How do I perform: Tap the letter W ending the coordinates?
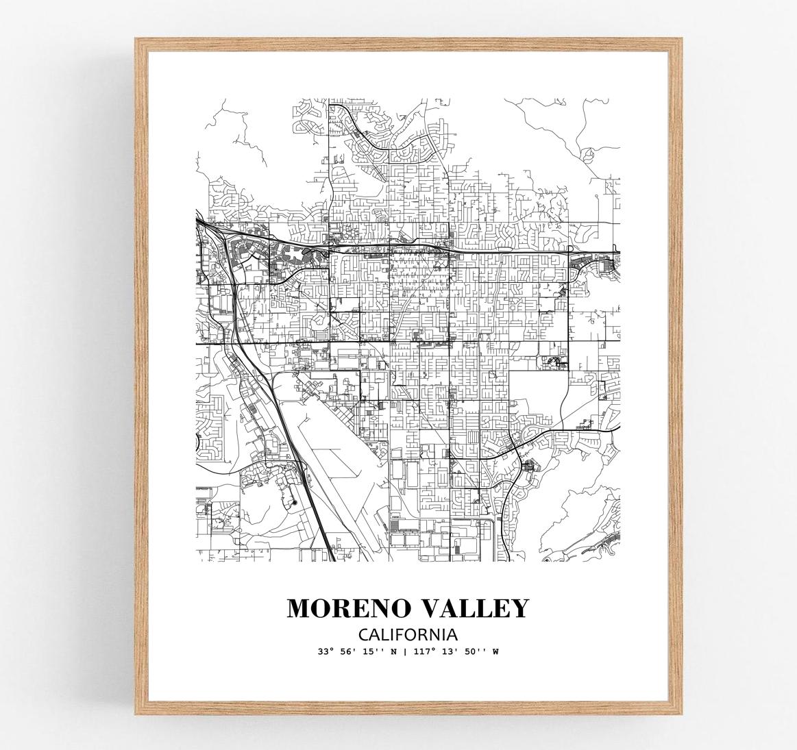point(495,651)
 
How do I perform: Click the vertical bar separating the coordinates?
point(406,651)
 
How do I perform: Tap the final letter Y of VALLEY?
point(519,608)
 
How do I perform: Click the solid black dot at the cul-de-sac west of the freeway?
point(294,503)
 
